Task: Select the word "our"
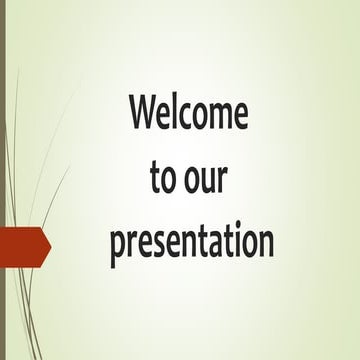tap(208, 179)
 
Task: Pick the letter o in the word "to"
tap(168, 180)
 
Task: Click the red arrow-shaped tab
tap(22, 247)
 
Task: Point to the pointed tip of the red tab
tap(48, 247)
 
